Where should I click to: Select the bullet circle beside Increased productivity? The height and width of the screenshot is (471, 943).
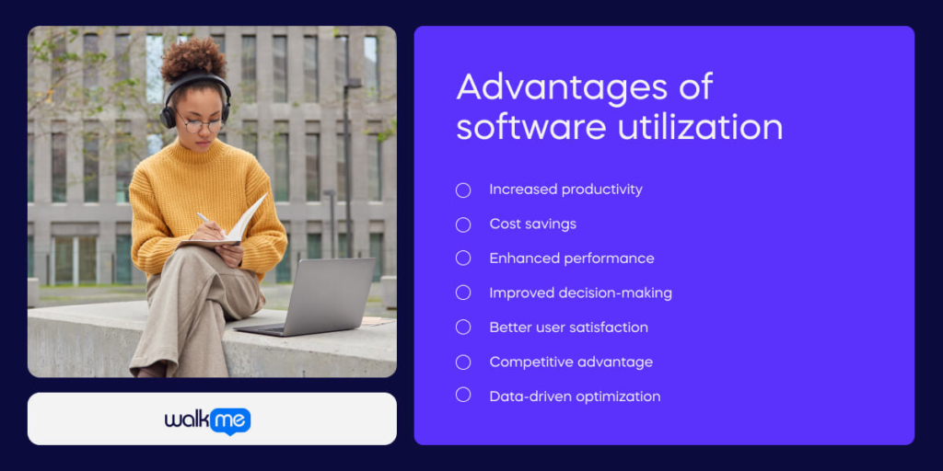click(x=463, y=190)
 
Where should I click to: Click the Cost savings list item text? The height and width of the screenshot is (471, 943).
click(x=532, y=224)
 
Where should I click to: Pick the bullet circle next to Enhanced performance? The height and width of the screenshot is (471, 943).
click(x=463, y=258)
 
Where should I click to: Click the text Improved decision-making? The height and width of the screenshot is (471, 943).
click(x=580, y=293)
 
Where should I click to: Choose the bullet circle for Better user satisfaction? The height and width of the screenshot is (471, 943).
click(x=463, y=327)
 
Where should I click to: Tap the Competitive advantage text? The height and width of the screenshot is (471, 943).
click(x=571, y=362)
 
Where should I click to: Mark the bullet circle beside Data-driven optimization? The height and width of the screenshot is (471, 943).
click(x=463, y=396)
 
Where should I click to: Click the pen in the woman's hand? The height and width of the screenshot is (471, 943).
click(x=204, y=218)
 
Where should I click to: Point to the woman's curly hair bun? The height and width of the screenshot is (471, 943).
click(x=193, y=57)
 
